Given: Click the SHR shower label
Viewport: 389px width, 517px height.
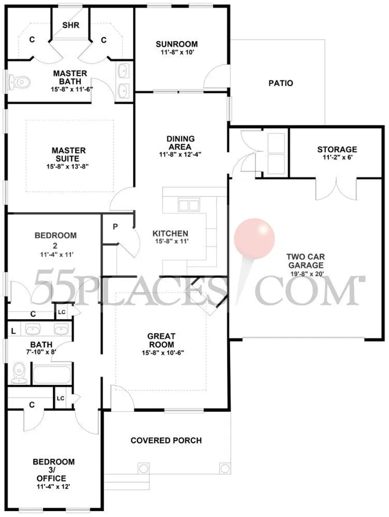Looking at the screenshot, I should click(71, 25).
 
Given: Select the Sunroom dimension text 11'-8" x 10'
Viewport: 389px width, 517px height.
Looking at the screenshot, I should click(176, 53).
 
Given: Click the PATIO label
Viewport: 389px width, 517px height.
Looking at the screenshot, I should click(280, 83).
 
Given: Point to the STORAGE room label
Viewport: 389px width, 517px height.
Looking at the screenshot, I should click(337, 149).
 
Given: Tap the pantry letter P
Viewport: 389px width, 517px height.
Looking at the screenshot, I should click(115, 226).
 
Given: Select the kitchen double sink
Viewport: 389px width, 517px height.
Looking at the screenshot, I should click(189, 205).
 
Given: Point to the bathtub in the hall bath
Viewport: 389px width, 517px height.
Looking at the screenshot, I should click(52, 375).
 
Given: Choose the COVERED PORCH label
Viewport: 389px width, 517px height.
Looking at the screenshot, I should click(166, 440).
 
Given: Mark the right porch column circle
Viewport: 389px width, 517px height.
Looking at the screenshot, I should click(224, 468).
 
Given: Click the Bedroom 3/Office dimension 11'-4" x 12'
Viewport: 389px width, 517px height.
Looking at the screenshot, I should click(53, 487).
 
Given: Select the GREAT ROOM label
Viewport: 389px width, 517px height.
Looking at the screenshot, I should click(161, 340).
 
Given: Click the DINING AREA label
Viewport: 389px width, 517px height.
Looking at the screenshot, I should click(180, 143).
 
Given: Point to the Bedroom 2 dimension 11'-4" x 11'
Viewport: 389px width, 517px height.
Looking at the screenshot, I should click(56, 254).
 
